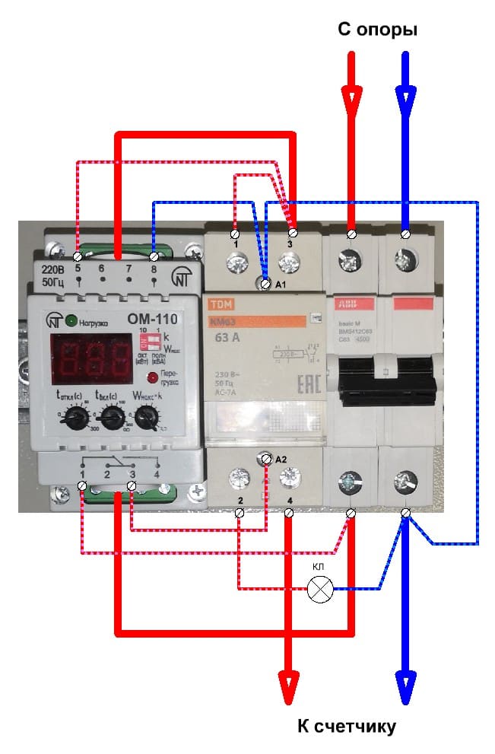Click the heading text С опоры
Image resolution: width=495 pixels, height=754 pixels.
[x=378, y=30]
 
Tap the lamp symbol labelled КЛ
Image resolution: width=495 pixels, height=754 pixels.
[x=319, y=589]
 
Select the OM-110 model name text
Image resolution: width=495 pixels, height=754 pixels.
[x=145, y=320]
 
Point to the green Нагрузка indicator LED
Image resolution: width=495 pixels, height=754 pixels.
[x=71, y=320]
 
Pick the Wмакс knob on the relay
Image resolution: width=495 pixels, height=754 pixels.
[x=148, y=417]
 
